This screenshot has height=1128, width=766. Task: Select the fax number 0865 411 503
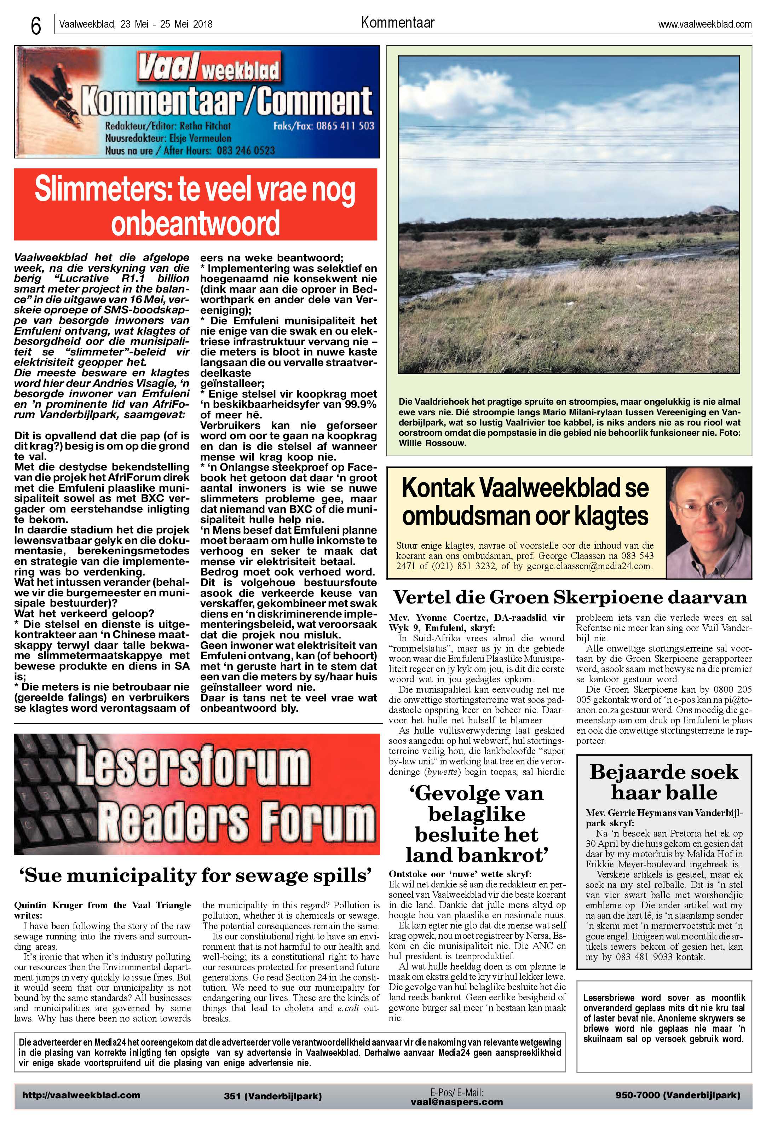click(345, 126)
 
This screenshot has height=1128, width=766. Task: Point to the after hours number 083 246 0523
click(246, 150)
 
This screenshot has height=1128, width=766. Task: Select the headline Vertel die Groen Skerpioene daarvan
click(569, 596)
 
